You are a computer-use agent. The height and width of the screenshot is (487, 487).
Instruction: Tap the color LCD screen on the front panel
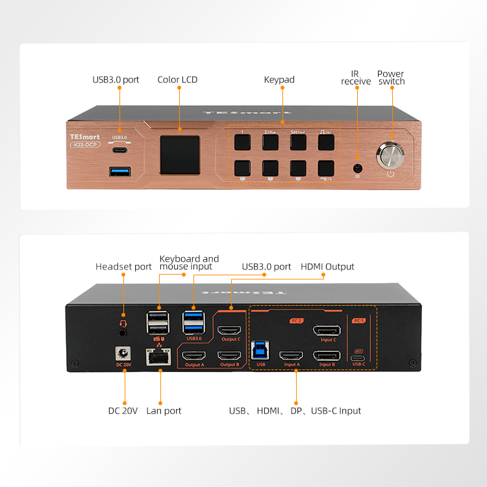(x=180, y=154)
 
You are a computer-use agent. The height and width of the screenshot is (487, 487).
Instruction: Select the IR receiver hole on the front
(x=356, y=168)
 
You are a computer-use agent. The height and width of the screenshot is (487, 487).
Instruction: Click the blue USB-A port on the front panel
(x=120, y=171)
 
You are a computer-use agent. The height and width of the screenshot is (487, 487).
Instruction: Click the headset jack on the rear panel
(x=121, y=332)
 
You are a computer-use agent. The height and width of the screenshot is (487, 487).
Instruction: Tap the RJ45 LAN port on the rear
(x=158, y=356)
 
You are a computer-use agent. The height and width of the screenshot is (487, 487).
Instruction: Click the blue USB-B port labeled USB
(x=261, y=347)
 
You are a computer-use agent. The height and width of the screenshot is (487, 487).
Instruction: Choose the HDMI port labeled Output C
(x=230, y=330)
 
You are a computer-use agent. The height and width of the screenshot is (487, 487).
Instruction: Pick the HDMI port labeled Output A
(x=194, y=356)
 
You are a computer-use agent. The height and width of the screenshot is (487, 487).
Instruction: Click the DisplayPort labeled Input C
(x=327, y=330)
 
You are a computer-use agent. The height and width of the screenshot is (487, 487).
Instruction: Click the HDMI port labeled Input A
(x=291, y=356)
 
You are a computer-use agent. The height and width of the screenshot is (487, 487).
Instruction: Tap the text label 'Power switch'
(x=391, y=78)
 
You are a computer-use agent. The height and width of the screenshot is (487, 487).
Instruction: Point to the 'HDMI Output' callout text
(x=327, y=266)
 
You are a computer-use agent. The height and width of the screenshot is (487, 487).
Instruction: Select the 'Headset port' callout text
(x=123, y=266)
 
